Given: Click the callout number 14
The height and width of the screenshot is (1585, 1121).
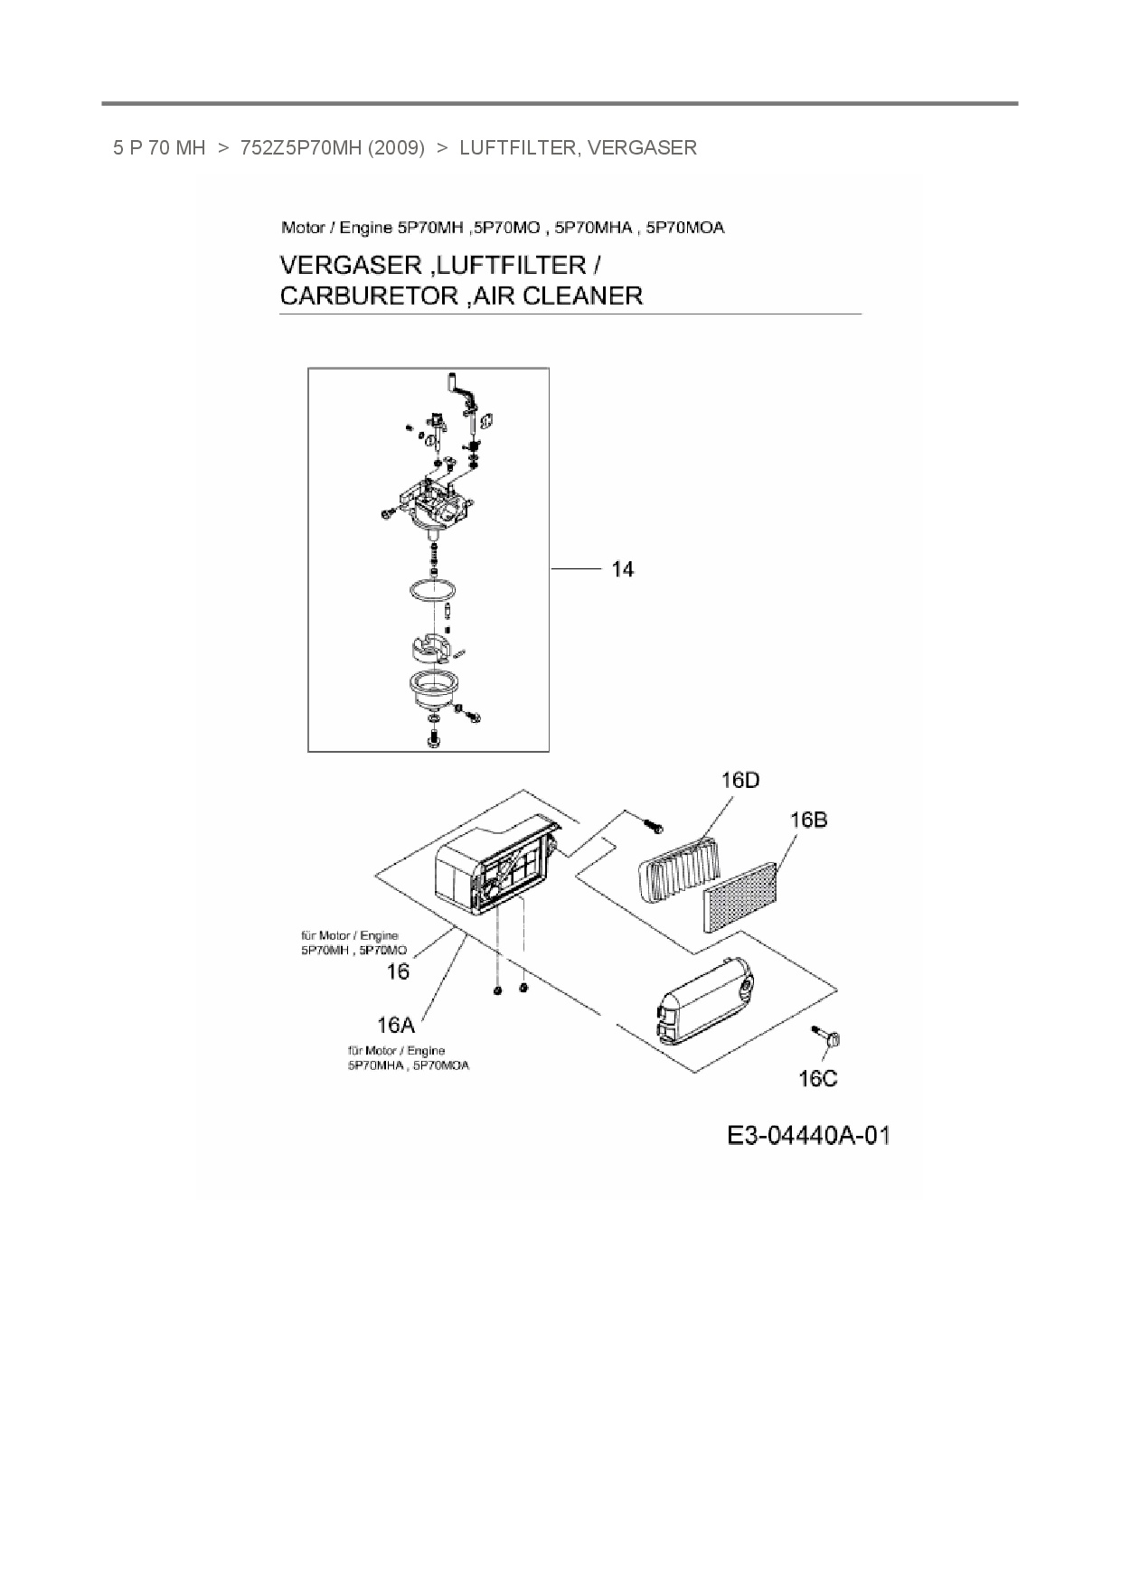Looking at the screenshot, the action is [x=623, y=569].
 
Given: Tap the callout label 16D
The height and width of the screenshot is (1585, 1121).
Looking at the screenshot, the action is [x=739, y=780].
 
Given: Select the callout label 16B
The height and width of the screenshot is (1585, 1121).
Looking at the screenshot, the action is [x=807, y=820].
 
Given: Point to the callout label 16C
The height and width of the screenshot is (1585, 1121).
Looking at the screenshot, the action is [x=817, y=1078].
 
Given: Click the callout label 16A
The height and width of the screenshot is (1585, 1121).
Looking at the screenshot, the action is [x=395, y=1025].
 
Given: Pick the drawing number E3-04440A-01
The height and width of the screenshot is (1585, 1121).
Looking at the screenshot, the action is [x=808, y=1136].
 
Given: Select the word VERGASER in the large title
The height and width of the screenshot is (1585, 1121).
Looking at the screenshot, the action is [x=351, y=266].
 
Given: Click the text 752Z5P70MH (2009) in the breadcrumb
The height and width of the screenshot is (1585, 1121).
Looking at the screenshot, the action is [x=332, y=147].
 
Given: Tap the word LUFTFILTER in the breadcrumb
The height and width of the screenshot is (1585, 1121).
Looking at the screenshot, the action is [x=517, y=147].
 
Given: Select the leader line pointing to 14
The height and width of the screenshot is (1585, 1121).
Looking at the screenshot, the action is [x=576, y=569].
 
